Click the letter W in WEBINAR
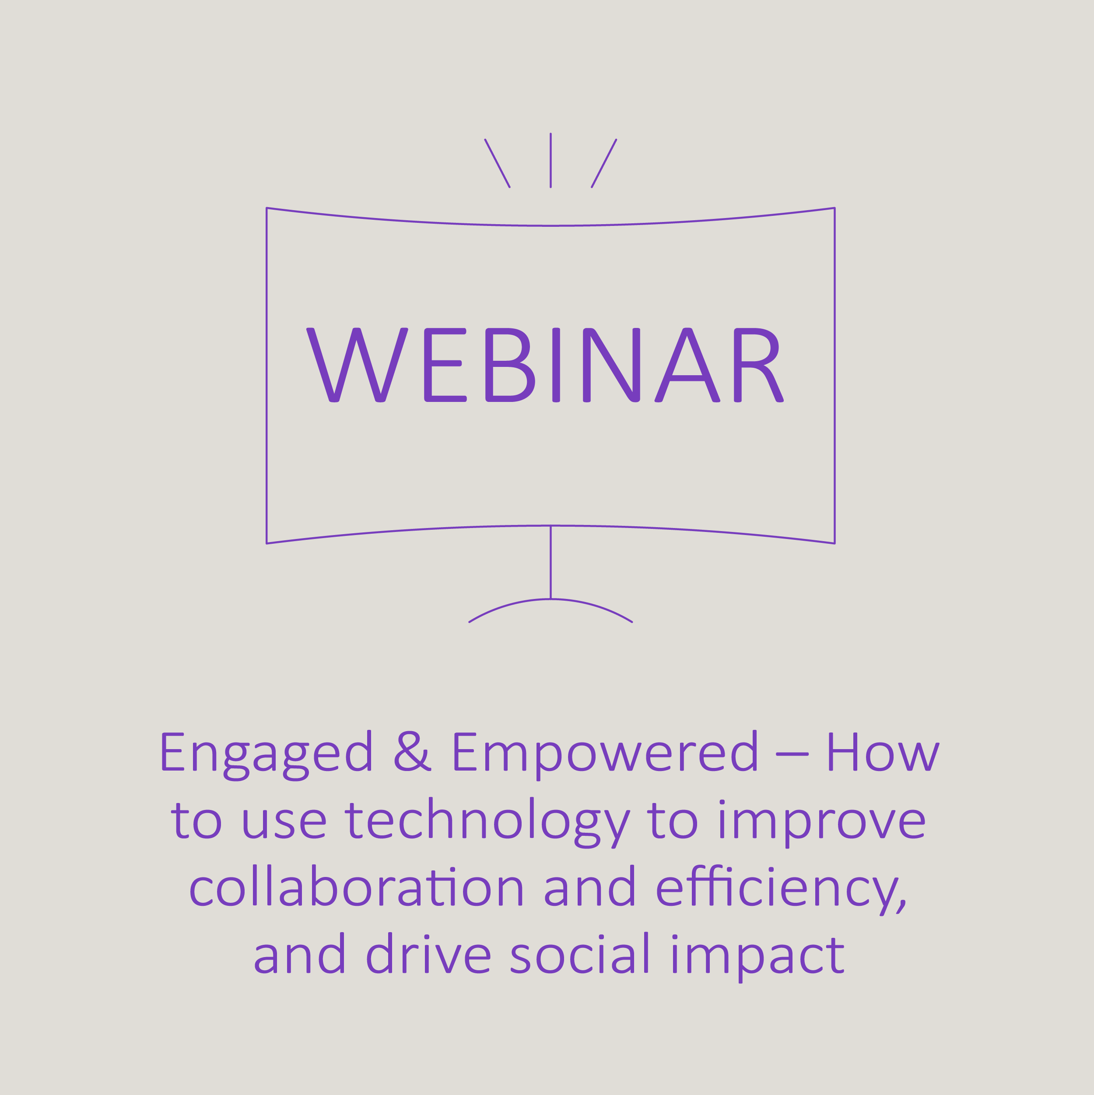coord(357,365)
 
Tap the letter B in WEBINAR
coord(510,365)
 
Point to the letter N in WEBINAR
coord(611,365)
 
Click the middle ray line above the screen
coord(551,160)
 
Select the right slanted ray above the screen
coord(604,163)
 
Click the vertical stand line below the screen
coord(551,562)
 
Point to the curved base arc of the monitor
coord(551,599)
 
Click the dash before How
coord(792,754)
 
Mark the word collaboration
coord(356,887)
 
